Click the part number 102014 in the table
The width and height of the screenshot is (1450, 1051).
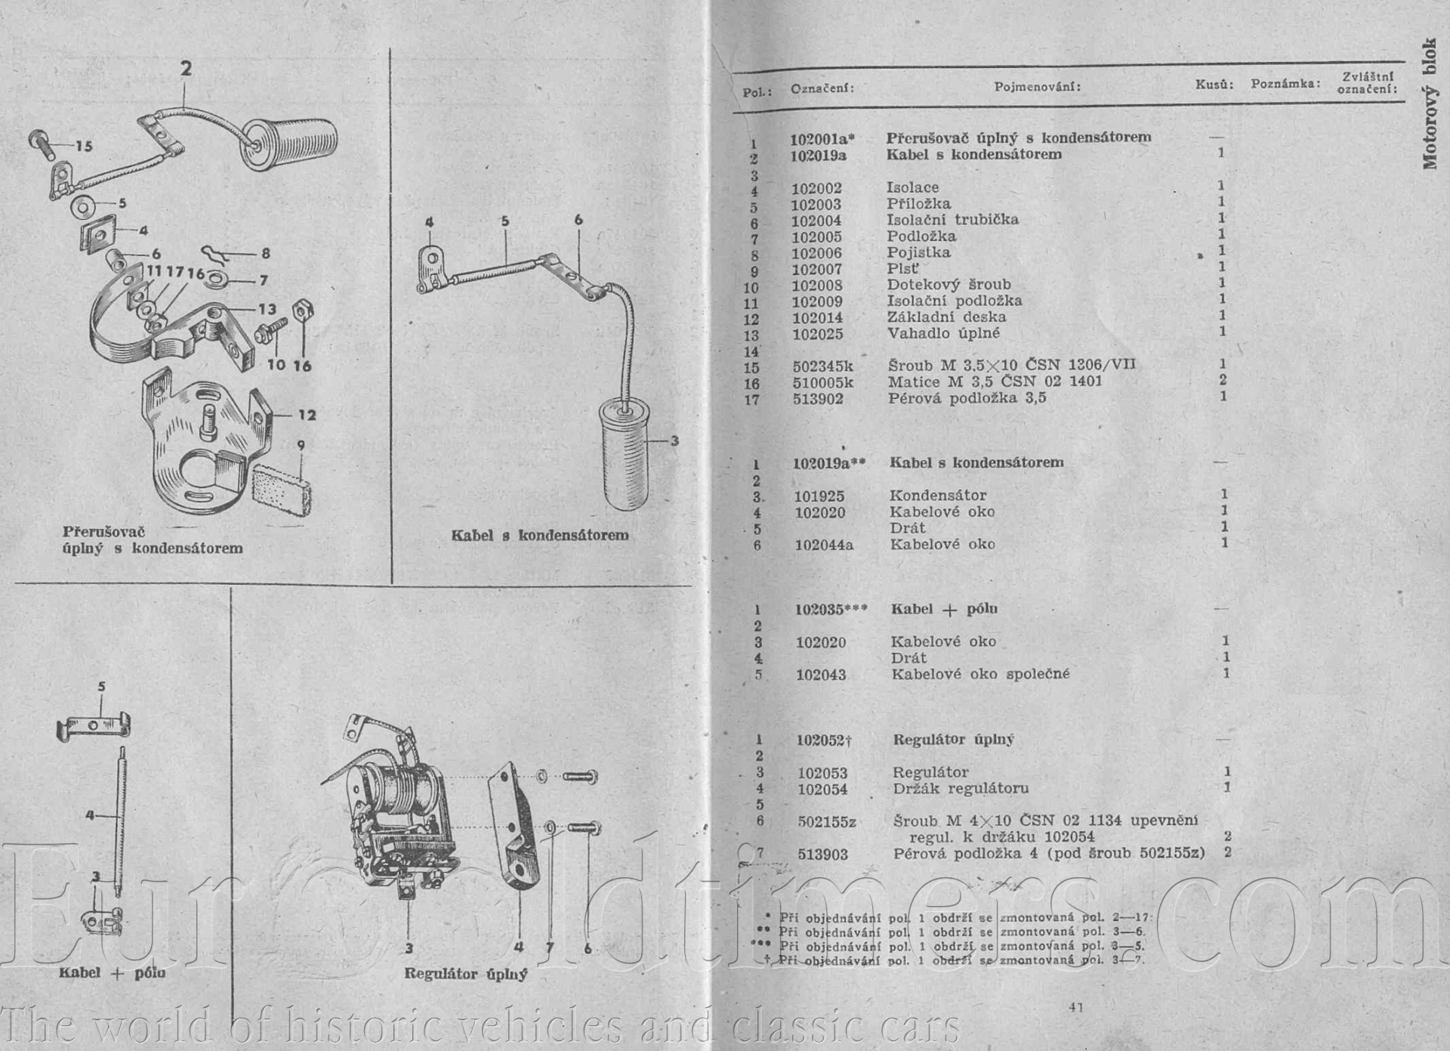click(817, 318)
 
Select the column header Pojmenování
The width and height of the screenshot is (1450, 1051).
click(1037, 87)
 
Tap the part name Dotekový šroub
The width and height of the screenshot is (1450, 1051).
click(949, 285)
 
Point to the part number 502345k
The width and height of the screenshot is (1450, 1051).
click(822, 366)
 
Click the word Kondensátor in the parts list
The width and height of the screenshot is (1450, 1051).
click(937, 496)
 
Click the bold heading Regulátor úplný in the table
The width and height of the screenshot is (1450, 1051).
click(953, 740)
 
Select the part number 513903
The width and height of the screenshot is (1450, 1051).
click(822, 855)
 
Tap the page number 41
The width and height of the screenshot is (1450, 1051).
click(1076, 1006)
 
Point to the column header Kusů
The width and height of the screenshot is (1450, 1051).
click(1214, 85)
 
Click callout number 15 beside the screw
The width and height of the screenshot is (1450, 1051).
click(84, 146)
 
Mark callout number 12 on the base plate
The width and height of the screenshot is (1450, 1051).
click(307, 415)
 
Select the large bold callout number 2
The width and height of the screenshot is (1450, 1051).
click(186, 69)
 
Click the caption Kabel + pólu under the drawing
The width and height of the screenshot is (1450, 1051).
click(112, 972)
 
